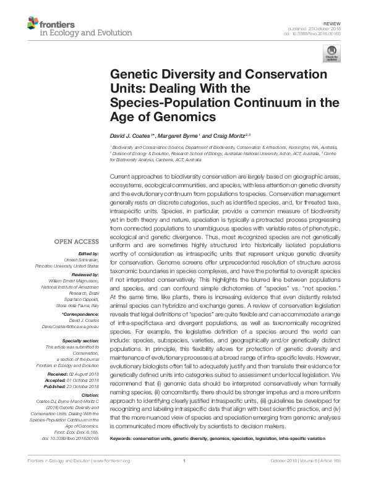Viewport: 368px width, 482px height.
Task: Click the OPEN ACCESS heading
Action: point(77,242)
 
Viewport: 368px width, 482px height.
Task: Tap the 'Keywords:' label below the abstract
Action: point(121,438)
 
